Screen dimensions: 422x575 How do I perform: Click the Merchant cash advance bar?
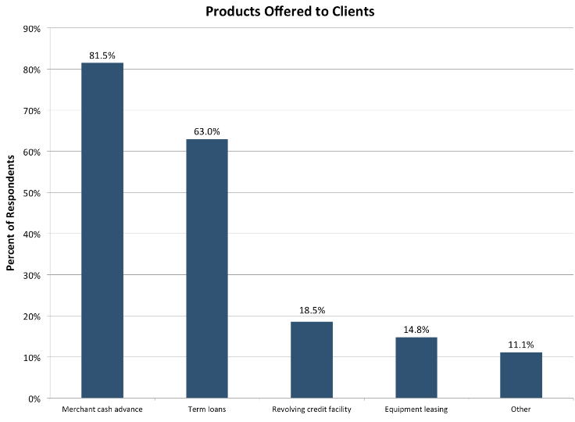click(102, 231)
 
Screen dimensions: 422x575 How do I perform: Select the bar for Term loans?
click(207, 269)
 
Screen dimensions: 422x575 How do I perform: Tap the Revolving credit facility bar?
click(312, 359)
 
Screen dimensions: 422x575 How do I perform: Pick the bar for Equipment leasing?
click(416, 367)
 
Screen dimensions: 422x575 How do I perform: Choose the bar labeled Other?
click(521, 375)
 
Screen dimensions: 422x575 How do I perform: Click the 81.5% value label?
click(102, 55)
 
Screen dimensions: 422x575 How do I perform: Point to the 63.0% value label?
click(207, 132)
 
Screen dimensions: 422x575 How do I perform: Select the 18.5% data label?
click(312, 310)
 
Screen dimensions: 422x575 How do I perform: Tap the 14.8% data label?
click(416, 329)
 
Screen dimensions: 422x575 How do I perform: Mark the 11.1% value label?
click(521, 344)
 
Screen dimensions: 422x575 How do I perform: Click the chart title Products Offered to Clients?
click(290, 11)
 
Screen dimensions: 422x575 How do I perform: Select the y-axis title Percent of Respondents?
click(11, 213)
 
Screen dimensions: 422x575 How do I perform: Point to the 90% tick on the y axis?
click(31, 29)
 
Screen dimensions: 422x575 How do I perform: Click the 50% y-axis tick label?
click(31, 193)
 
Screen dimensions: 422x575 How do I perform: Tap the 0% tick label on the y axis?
click(34, 399)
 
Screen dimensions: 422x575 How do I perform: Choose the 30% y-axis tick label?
click(31, 275)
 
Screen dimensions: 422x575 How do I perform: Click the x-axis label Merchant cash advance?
click(102, 409)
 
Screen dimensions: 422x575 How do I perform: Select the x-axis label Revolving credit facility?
click(312, 409)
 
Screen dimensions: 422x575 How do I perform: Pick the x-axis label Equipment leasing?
click(416, 409)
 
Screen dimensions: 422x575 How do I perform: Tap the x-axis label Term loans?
click(207, 409)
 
